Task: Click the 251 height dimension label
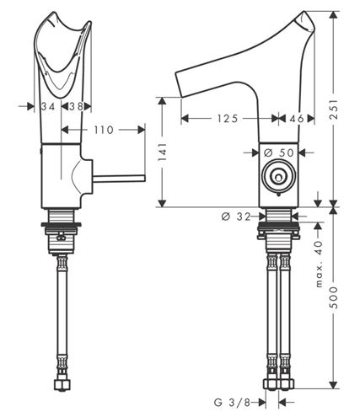click(334, 109)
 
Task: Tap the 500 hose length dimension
click(334, 297)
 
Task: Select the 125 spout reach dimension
click(228, 119)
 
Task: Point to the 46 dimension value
click(297, 119)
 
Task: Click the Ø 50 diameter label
click(279, 152)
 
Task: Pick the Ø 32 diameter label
click(236, 217)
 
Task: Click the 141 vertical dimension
click(163, 152)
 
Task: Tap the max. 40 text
click(319, 264)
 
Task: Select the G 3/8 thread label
click(232, 403)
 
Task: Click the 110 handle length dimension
click(104, 130)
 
